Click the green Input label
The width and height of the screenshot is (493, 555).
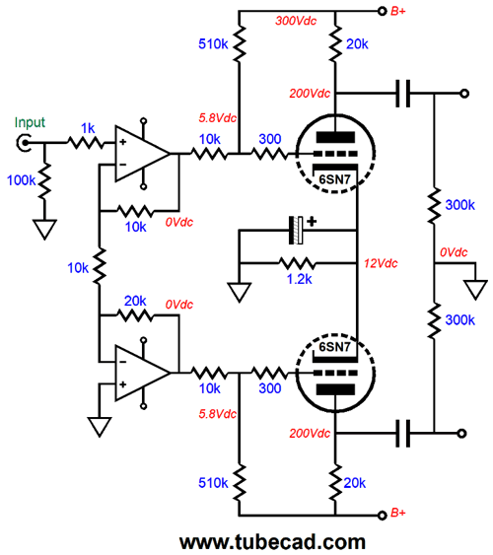click(x=30, y=122)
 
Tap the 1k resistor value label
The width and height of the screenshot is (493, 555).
click(x=88, y=128)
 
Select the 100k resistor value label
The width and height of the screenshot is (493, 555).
click(x=22, y=180)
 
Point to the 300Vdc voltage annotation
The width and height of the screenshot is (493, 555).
click(x=296, y=21)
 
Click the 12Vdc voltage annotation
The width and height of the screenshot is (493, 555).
click(x=381, y=263)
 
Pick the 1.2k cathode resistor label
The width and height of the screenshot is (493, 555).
click(x=299, y=279)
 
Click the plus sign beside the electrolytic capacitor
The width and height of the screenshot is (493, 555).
click(x=312, y=222)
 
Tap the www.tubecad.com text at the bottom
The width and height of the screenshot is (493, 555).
click(x=272, y=542)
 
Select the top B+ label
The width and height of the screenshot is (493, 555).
click(x=397, y=11)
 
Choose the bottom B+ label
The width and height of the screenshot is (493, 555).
click(x=397, y=513)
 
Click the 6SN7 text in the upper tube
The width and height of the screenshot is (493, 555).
click(x=334, y=179)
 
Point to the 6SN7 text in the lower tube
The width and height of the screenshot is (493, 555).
click(x=334, y=347)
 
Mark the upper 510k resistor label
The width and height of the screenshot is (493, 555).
click(x=213, y=44)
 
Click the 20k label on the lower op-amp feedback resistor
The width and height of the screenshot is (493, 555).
click(x=135, y=302)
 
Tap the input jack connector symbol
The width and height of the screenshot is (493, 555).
click(x=24, y=143)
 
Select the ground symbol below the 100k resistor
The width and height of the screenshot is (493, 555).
click(x=44, y=230)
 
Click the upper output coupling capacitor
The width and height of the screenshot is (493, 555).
click(x=402, y=94)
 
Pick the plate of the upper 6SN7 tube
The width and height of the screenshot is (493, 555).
click(x=335, y=137)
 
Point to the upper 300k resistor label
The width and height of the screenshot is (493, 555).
click(x=459, y=205)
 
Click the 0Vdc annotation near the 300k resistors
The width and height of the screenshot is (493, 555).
click(x=454, y=252)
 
